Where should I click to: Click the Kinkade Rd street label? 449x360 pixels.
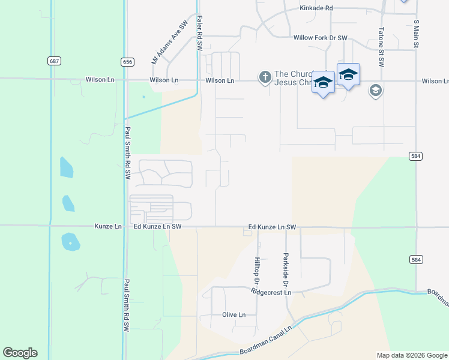tap(316, 8)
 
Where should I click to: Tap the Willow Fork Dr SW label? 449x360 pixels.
tap(321, 38)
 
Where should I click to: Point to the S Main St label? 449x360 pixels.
tap(415, 37)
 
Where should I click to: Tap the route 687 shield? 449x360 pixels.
tap(55, 61)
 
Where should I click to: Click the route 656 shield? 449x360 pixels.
tap(127, 61)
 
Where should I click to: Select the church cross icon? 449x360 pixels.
tap(265, 77)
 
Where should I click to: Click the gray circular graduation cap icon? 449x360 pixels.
tap(376, 91)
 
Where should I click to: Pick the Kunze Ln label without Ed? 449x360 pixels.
tap(108, 227)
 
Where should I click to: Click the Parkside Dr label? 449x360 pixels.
tap(286, 269)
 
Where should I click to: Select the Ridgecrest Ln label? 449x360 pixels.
tap(271, 292)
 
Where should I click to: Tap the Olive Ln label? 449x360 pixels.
tap(234, 315)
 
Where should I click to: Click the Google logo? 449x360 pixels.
tap(20, 353)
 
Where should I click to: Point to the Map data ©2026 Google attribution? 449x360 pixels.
tap(412, 355)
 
